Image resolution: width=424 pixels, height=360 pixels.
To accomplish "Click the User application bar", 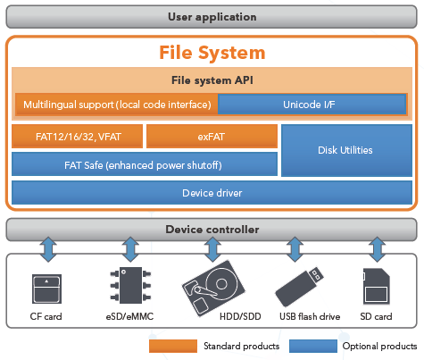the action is tap(212, 17).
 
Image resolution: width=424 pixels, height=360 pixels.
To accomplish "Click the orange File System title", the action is tap(212, 53).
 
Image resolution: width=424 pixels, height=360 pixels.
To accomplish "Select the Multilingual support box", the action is tap(117, 105).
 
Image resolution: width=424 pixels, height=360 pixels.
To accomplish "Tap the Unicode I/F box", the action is tap(312, 105).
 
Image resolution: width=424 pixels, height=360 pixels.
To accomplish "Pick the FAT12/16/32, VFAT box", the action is tap(78, 137).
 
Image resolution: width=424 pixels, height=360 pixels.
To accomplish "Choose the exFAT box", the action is tap(212, 137).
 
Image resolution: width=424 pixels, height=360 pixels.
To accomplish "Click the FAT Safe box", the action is tap(145, 164).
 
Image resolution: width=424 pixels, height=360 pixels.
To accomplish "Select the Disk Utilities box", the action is tap(346, 150).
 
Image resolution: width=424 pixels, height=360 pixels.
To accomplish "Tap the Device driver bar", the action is tap(212, 193).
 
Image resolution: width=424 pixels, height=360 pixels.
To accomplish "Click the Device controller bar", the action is tap(212, 230).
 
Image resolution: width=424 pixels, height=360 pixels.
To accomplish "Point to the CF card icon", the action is tap(46, 289).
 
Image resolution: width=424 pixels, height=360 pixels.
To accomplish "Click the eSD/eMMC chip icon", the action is tap(130, 285).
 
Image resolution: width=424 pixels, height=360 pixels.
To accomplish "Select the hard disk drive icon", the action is tap(213, 289).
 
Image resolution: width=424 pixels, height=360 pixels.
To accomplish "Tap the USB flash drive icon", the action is tap(299, 287).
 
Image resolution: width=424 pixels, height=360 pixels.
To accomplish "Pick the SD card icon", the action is tap(377, 286).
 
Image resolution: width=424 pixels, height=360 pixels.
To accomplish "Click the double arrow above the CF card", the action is tap(48, 249).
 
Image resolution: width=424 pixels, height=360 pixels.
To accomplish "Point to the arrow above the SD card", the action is tap(377, 249).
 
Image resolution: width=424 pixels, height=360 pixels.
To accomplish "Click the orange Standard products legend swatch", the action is tap(173, 346).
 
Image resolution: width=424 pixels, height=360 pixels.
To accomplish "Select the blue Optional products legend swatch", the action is tap(313, 346).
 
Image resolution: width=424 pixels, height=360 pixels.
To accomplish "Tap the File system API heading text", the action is tap(212, 80).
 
